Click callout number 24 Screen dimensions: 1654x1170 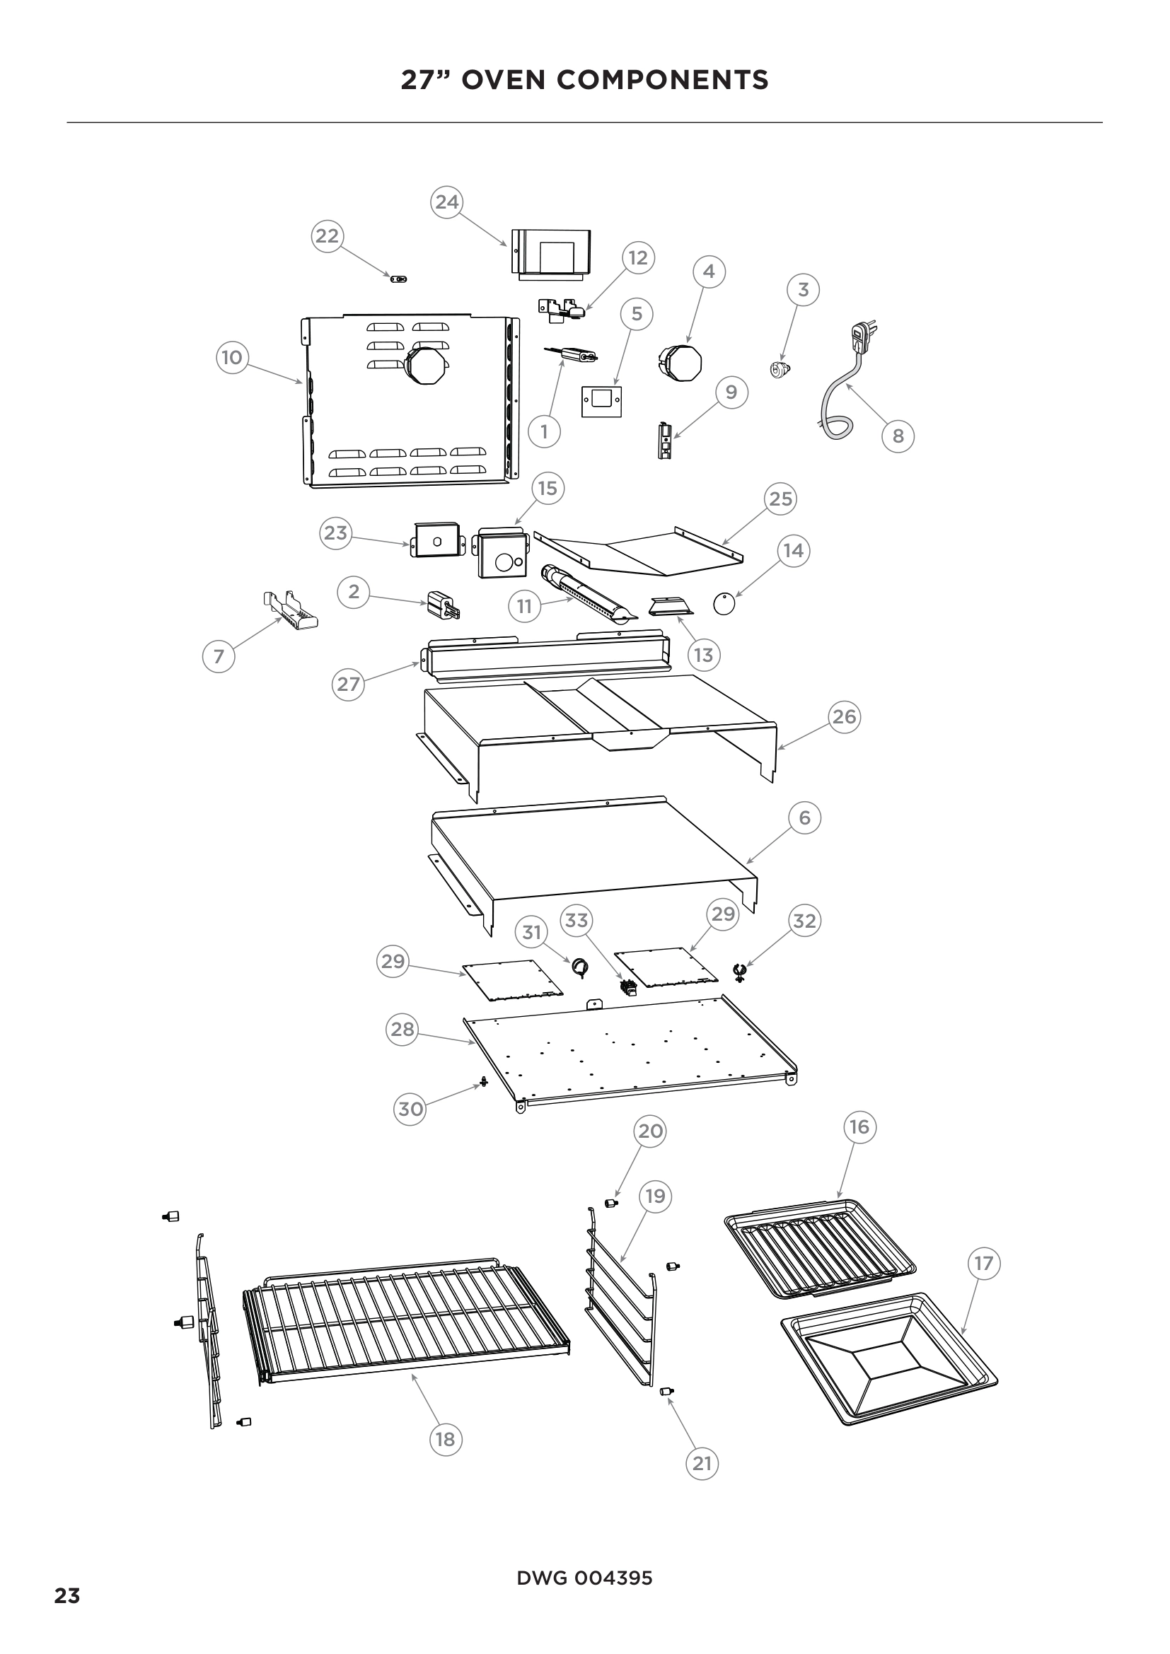pyautogui.click(x=446, y=202)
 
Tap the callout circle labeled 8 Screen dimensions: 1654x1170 pyautogui.click(x=898, y=436)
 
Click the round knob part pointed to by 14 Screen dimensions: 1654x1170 pyautogui.click(x=724, y=605)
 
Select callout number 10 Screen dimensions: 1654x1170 pyautogui.click(x=232, y=357)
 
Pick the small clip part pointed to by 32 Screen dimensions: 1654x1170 pyautogui.click(x=739, y=973)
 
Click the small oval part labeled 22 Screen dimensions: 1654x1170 pyautogui.click(x=398, y=279)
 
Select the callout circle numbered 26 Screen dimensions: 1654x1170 pyautogui.click(x=844, y=717)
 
